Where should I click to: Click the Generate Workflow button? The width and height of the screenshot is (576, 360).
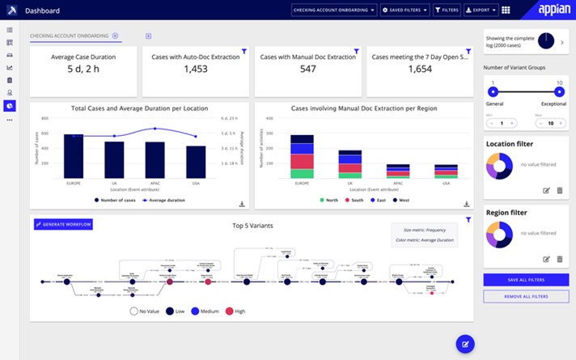[63, 224]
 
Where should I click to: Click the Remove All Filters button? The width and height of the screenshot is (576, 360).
[525, 297]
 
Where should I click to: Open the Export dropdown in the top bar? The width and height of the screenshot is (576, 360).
[481, 11]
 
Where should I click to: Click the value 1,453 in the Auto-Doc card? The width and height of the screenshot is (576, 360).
[196, 70]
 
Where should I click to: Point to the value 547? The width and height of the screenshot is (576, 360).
[307, 70]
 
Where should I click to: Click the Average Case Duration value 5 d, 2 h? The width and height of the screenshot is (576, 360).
[84, 70]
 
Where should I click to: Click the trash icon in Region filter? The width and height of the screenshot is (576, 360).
[559, 259]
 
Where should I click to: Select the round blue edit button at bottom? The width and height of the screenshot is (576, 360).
[464, 344]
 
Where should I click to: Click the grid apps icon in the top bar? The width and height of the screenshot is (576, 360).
[506, 11]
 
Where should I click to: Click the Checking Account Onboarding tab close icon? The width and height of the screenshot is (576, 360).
[115, 36]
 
